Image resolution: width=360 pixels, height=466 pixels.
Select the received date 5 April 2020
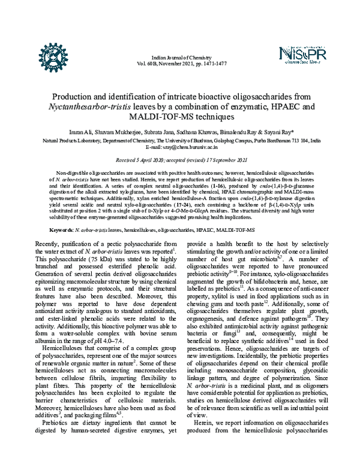pos(151,160)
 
